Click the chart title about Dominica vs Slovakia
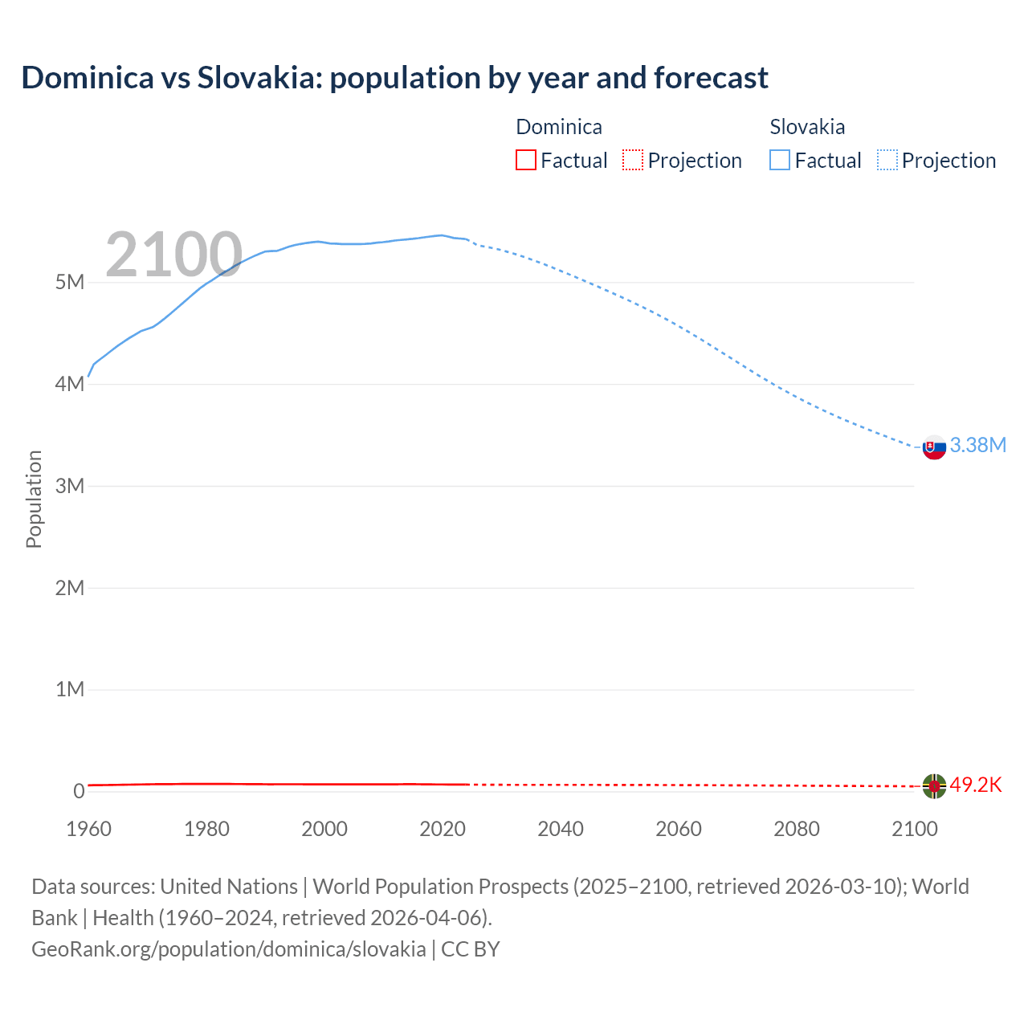(394, 78)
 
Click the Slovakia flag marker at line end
(934, 447)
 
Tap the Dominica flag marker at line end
(934, 785)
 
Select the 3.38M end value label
(977, 445)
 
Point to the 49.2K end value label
(976, 785)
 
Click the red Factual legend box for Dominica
(525, 160)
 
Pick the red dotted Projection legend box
(633, 160)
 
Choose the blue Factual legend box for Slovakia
(779, 160)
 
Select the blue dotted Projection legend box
(887, 160)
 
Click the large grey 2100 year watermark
(173, 255)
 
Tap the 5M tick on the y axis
(70, 282)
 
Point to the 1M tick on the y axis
(70, 689)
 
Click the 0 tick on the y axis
(79, 791)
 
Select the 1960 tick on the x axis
(88, 829)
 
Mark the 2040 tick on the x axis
(561, 829)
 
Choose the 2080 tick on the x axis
(797, 829)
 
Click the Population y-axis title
(34, 499)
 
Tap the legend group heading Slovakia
(807, 127)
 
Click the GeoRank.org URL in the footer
(229, 948)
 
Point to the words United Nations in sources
(229, 887)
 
